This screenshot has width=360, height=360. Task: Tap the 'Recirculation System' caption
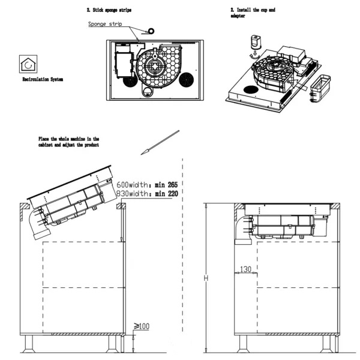click(x=43, y=79)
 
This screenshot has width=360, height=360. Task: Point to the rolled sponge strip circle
click(x=149, y=29)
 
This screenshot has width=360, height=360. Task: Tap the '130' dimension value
click(x=244, y=269)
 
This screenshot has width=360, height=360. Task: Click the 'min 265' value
click(x=165, y=184)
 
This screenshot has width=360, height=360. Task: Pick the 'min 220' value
click(x=165, y=194)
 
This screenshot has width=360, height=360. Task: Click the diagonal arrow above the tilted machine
click(x=160, y=142)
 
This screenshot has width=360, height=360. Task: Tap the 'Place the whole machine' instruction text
click(x=68, y=142)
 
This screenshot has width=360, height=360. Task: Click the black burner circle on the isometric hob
click(x=251, y=90)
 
